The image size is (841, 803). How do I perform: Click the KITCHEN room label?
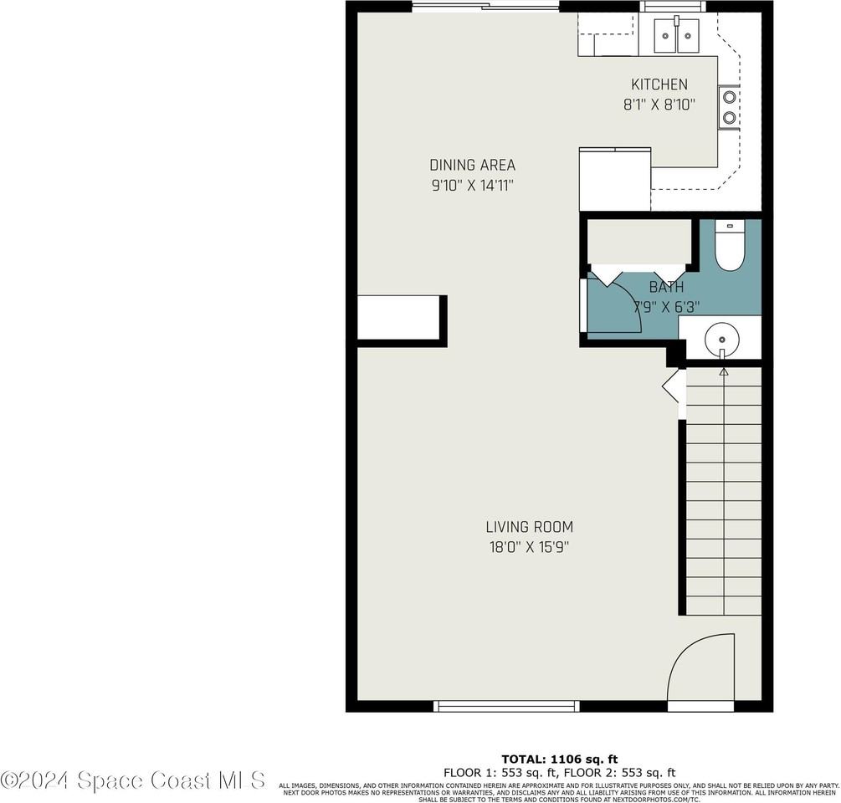point(659,84)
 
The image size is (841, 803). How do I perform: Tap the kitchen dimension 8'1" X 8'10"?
point(659,105)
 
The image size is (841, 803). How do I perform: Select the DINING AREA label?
point(472,165)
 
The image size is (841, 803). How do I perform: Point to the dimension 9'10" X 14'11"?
point(472,185)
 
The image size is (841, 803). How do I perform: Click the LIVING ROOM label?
point(529,527)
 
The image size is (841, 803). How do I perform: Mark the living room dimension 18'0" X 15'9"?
point(529,547)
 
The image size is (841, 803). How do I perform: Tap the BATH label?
point(666,287)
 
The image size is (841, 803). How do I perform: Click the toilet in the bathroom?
point(729,247)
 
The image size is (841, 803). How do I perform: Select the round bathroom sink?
point(721,339)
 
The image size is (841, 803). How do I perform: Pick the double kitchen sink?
point(676,34)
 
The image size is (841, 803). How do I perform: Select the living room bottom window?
point(506,706)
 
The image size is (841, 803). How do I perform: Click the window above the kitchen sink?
point(673,7)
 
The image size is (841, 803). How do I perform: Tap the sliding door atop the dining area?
point(485,7)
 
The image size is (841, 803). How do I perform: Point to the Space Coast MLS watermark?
point(133,780)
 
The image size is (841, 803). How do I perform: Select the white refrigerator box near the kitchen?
point(615,179)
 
